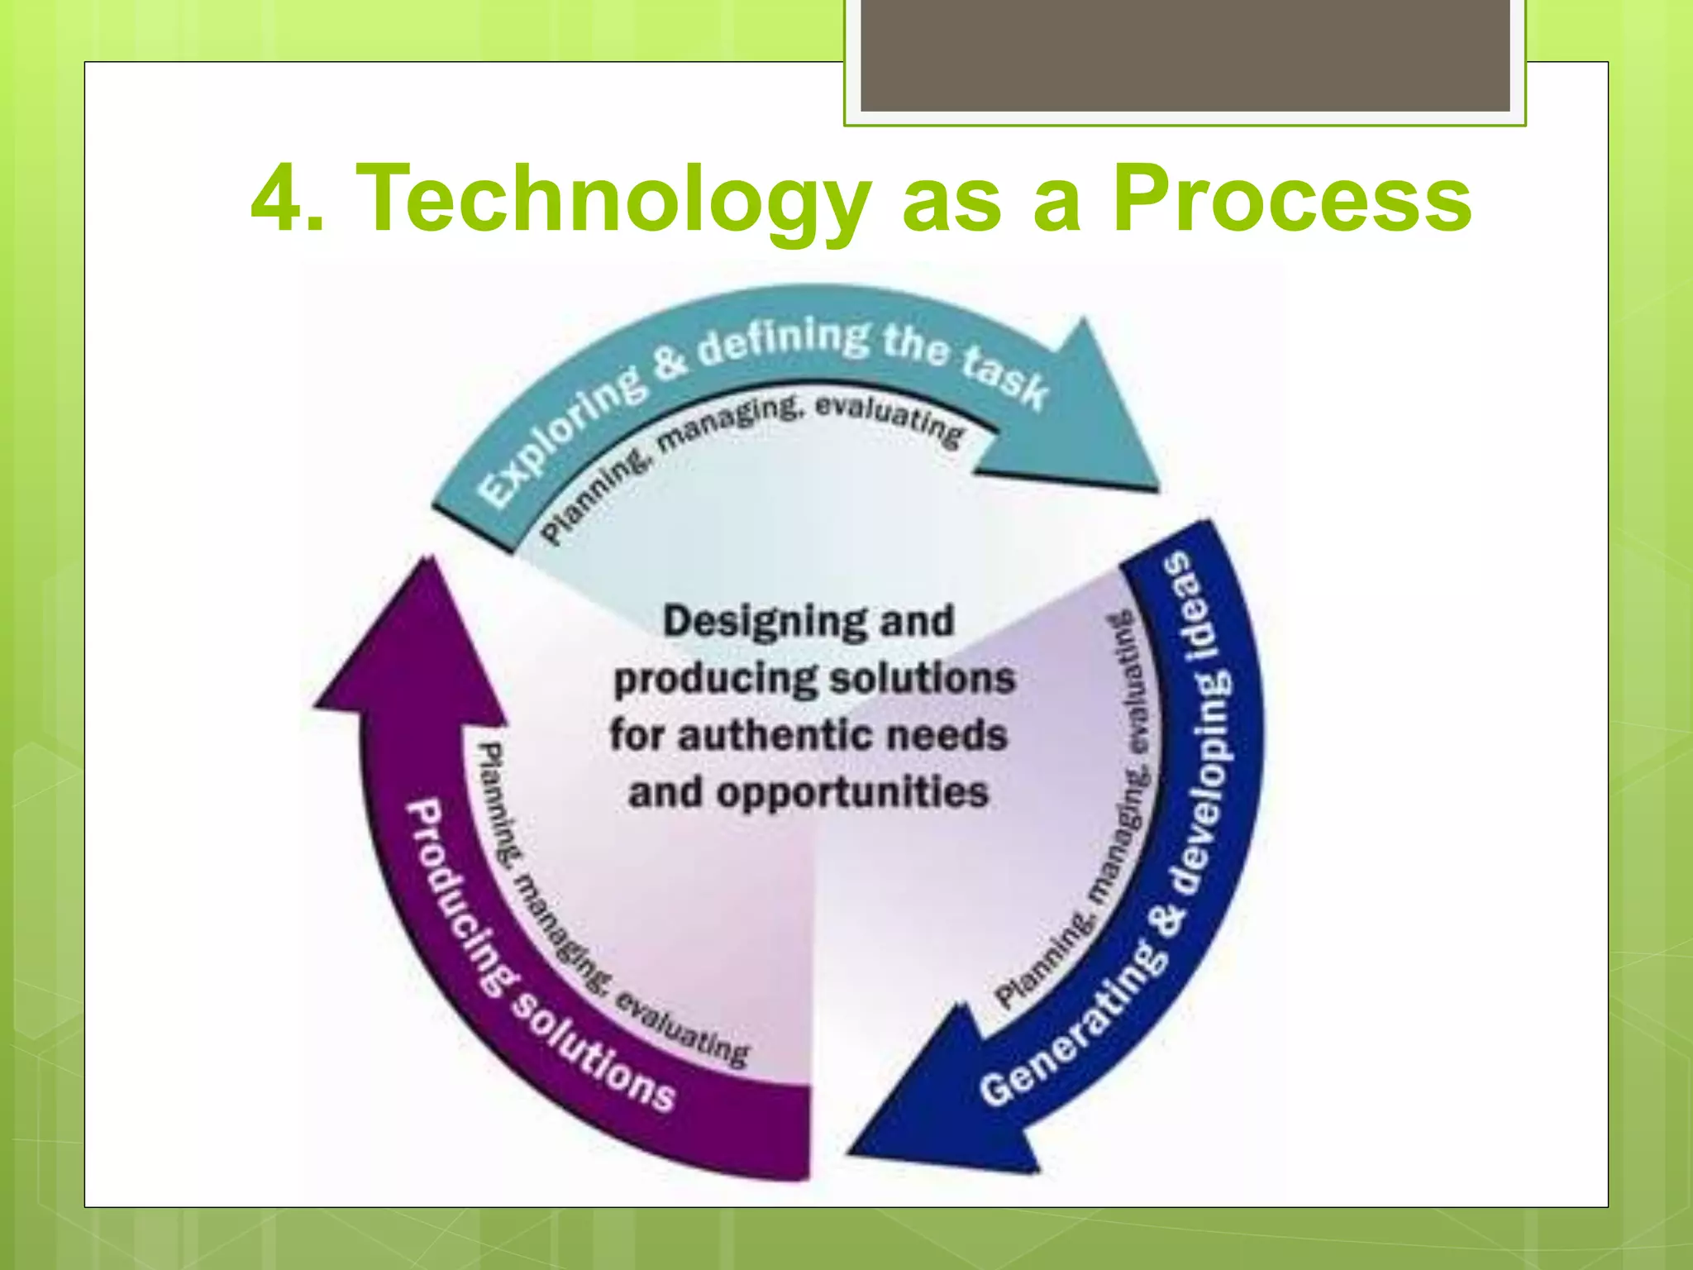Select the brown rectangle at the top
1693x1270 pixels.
point(1185,55)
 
